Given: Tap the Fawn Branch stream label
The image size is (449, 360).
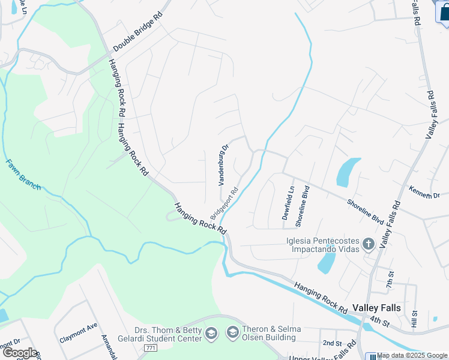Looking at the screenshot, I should pos(23,174).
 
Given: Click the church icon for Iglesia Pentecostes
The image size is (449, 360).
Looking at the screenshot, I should pos(369,244).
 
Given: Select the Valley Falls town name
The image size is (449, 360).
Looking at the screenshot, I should pos(377,308).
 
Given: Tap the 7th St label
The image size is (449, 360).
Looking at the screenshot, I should pos(391,277).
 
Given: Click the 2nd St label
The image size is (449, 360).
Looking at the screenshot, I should pos(331,343).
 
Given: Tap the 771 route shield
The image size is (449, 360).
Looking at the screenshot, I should pos(151,348).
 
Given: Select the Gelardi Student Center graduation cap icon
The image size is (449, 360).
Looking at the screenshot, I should pos(211,334).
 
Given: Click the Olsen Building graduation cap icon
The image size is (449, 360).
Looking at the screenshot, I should pos(232,332).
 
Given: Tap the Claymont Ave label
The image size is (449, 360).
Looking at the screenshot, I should pos(78,334).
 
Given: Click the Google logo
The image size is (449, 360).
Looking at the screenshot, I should pos(20,353).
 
